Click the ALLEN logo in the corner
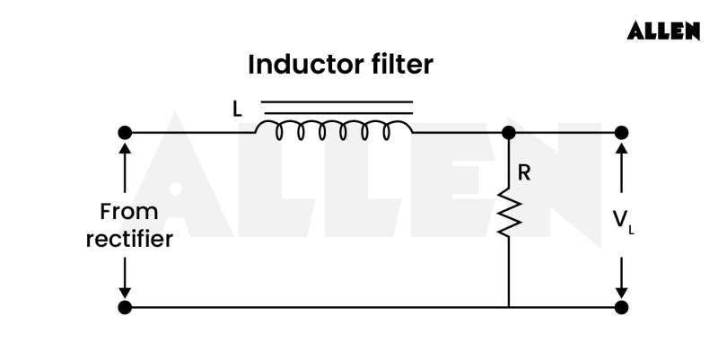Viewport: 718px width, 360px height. coord(663,31)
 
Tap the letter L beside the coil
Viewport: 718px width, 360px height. coord(237,110)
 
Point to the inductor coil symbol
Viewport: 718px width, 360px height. coord(334,131)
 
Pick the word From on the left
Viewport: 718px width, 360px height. coord(129,212)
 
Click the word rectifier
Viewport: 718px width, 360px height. coord(129,240)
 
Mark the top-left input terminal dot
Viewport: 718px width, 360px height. coord(125,133)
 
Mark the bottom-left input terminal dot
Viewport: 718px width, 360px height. coord(125,307)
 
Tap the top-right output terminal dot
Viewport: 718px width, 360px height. coord(621,133)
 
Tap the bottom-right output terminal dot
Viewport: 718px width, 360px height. coord(621,307)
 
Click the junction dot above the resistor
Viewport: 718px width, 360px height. coord(509,133)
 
